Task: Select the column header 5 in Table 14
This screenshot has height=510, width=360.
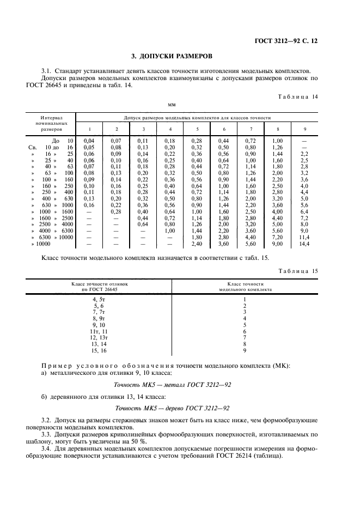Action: (197, 129)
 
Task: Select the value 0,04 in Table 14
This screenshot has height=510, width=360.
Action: (89, 141)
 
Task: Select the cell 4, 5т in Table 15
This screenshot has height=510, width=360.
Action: (99, 299)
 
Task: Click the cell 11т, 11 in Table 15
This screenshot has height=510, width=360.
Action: (99, 331)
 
